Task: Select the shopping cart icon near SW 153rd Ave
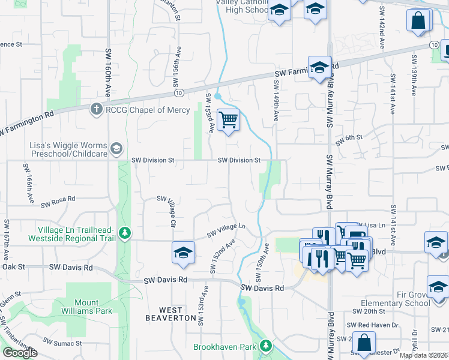click(x=228, y=119)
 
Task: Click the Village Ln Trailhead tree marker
click(x=125, y=232)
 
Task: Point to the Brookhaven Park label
click(x=226, y=347)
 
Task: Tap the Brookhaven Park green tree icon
click(x=265, y=346)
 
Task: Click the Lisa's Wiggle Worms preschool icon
click(x=116, y=148)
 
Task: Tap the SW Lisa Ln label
click(x=373, y=224)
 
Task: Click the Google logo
click(x=20, y=352)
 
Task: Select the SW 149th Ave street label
click(x=277, y=101)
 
